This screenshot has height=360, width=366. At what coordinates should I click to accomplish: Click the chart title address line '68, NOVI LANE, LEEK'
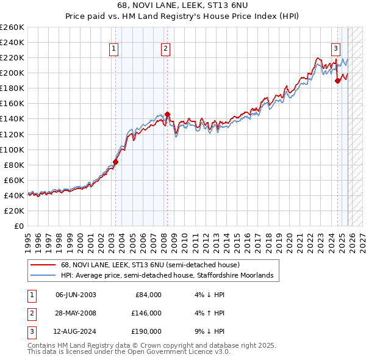click(x=182, y=5)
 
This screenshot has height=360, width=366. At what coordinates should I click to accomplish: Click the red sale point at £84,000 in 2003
click(x=115, y=162)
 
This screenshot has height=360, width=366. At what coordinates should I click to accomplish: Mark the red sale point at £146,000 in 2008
click(x=167, y=114)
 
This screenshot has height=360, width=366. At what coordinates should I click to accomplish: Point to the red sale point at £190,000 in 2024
click(x=337, y=80)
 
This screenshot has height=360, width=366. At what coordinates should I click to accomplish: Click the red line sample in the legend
click(x=43, y=265)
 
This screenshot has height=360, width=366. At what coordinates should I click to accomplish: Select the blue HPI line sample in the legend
click(x=43, y=276)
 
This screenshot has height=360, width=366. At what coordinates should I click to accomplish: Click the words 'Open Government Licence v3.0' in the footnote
click(x=179, y=352)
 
